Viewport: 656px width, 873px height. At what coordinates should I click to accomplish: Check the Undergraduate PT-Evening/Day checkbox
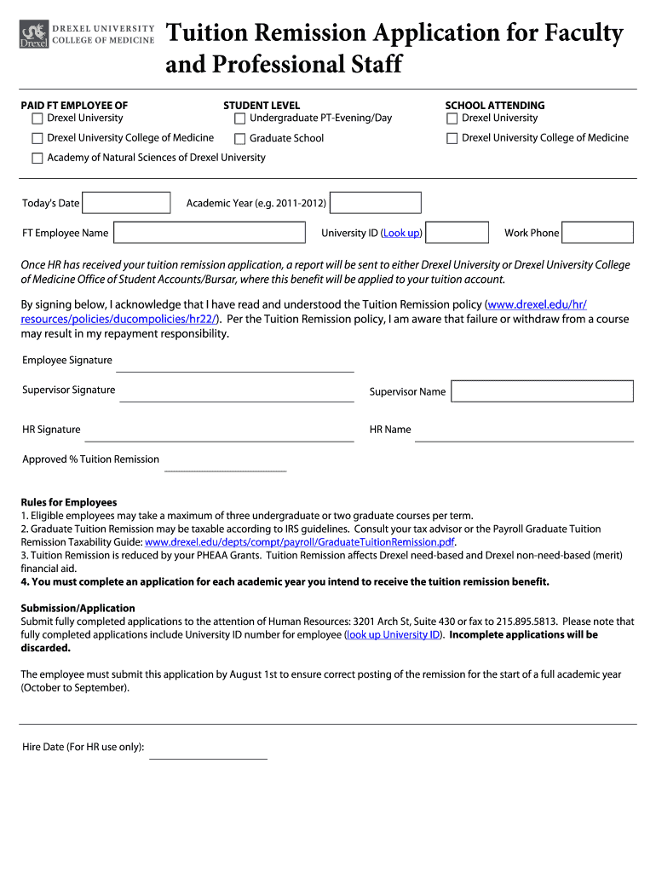point(240,119)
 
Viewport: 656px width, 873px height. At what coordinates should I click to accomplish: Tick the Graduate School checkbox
point(240,139)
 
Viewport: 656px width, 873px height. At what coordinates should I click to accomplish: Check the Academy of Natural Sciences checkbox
point(37,159)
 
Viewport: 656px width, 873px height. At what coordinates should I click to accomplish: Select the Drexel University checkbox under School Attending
point(452,119)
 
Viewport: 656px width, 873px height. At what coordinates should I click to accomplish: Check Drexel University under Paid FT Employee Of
point(37,119)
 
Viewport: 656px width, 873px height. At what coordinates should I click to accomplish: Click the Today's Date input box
point(127,203)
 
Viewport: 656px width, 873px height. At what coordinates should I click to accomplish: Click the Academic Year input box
point(376,203)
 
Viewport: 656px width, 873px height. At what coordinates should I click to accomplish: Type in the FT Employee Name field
point(209,233)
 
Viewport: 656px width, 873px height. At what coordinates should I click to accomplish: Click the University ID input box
point(457,233)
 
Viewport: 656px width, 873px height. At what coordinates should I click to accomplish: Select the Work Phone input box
point(597,233)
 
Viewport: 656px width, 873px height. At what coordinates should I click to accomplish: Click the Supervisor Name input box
point(542,391)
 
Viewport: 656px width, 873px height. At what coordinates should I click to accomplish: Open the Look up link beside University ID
point(401,233)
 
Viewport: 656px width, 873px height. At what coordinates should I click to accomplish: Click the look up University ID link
point(393,635)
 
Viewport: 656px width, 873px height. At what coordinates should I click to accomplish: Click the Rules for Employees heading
point(69,502)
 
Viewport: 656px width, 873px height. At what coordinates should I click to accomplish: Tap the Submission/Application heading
point(78,608)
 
